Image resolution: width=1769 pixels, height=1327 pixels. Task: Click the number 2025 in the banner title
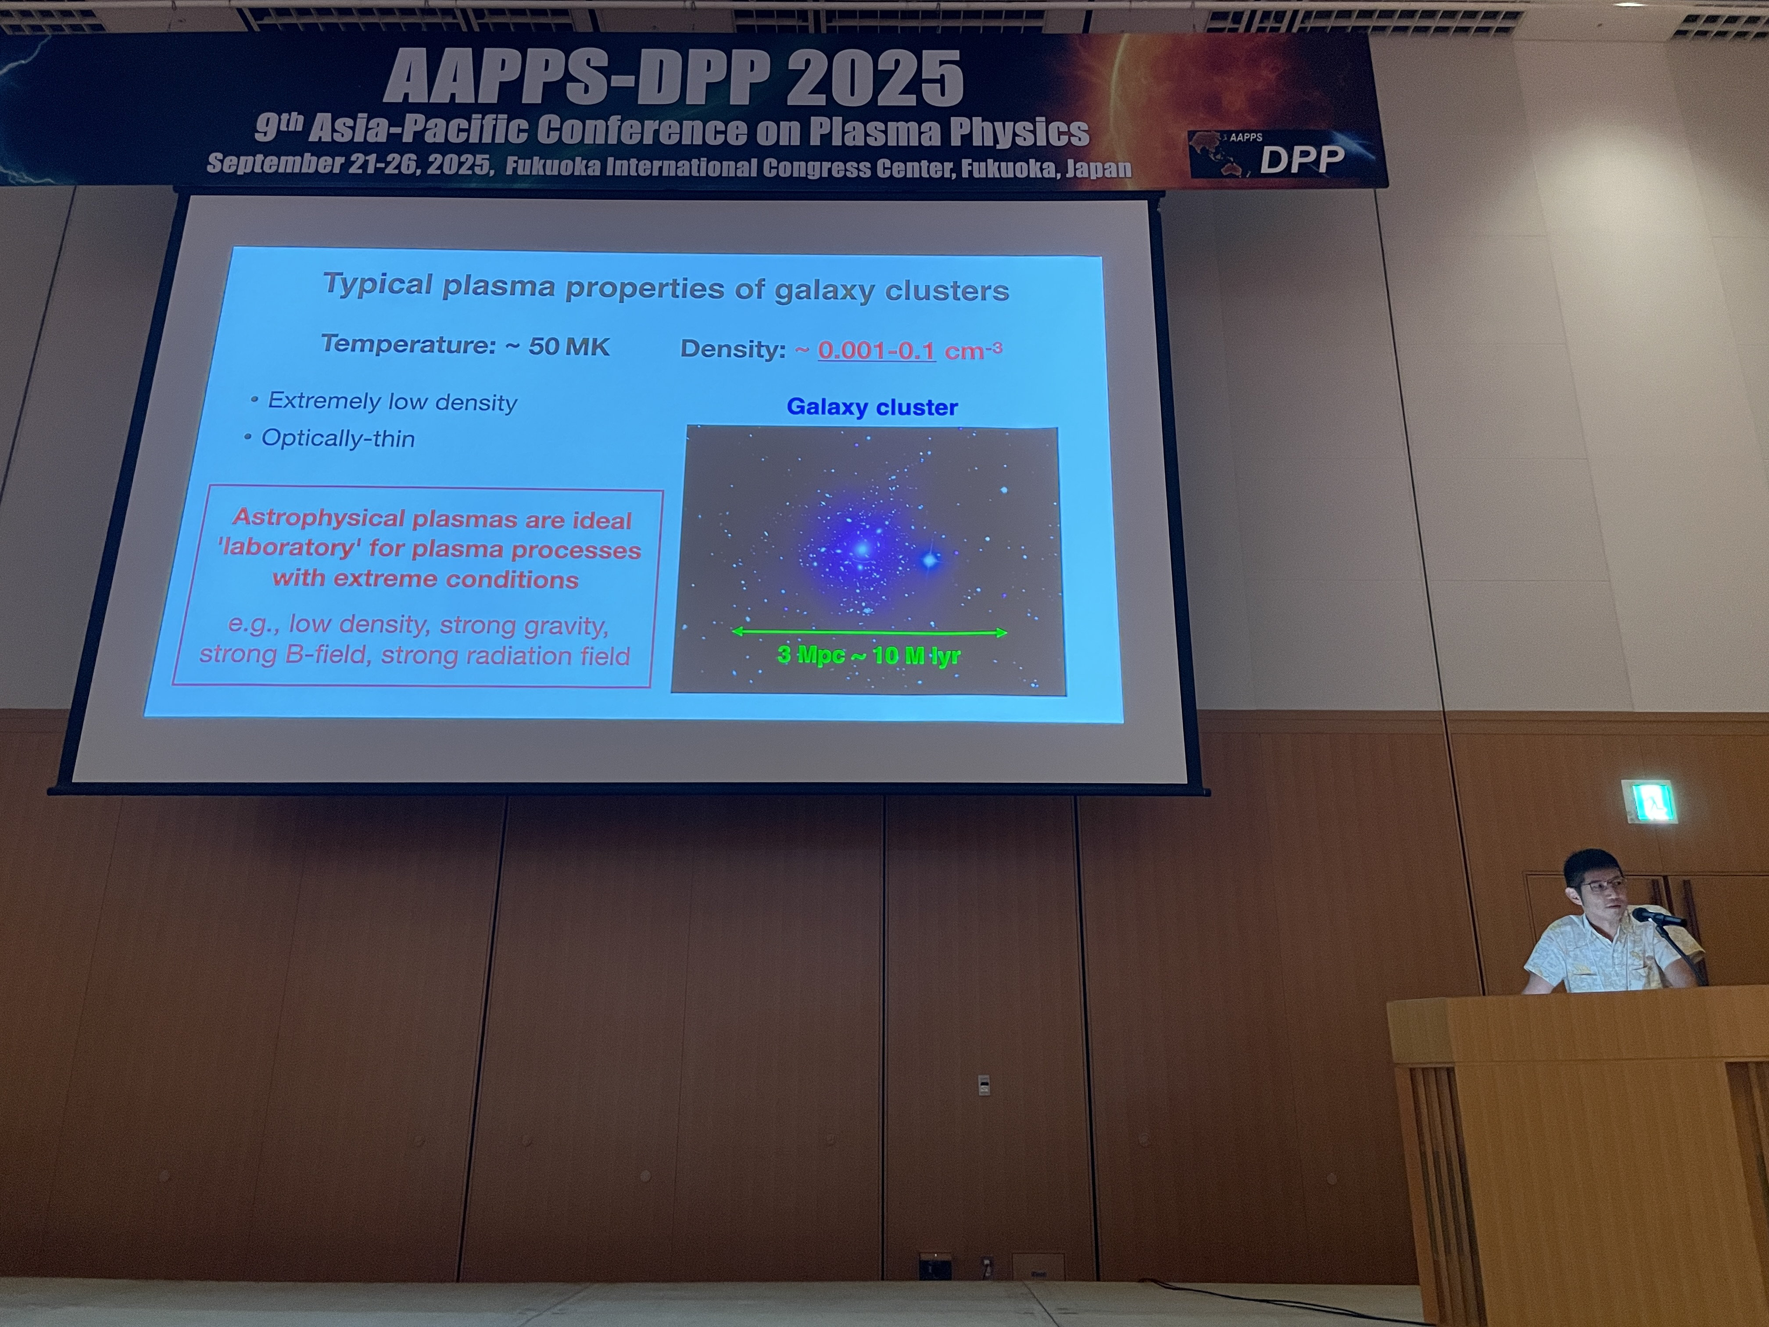(x=874, y=79)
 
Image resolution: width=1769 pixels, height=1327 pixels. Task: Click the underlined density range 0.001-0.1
(x=877, y=350)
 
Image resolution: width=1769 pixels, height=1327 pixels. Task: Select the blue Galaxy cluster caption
(x=872, y=407)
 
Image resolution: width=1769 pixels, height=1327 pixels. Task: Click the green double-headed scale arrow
(x=869, y=632)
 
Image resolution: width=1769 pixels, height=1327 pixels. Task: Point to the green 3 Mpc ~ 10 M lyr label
(x=869, y=655)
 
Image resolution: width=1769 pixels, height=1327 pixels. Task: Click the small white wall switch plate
(x=985, y=1086)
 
